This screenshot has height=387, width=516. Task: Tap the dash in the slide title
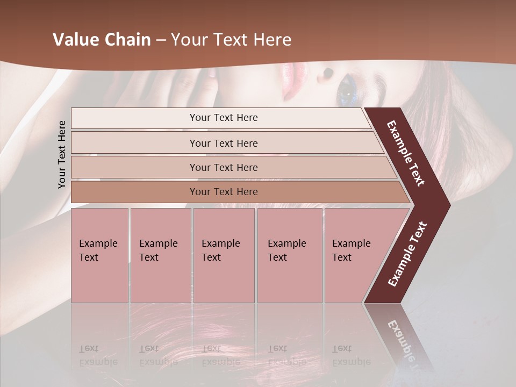coord(161,40)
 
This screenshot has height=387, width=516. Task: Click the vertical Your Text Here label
coord(62,154)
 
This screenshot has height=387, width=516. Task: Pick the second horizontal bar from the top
coord(223,143)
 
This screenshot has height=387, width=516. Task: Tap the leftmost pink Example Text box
coord(99,255)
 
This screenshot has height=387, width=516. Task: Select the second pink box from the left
coord(160,255)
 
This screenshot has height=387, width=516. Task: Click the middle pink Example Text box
coord(224,255)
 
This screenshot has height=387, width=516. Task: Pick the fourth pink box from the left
coord(289,255)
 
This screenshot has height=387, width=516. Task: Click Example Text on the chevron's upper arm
coord(406,153)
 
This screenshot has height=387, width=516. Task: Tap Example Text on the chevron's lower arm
coord(407,254)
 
